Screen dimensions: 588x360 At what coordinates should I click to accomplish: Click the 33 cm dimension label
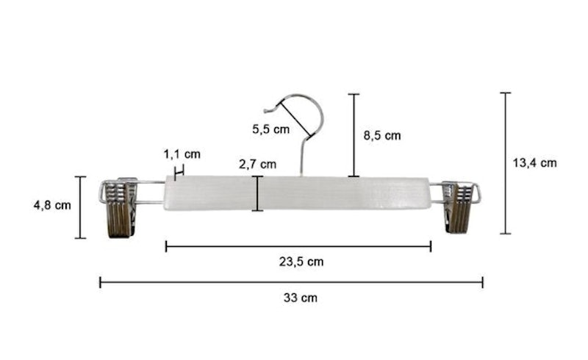301,298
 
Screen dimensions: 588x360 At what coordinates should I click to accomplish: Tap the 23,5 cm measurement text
301,262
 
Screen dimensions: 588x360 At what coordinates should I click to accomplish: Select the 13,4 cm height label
535,163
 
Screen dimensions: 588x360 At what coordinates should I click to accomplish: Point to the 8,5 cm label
382,135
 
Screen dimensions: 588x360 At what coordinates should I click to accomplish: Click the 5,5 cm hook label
270,129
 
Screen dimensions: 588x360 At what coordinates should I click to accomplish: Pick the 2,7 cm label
258,165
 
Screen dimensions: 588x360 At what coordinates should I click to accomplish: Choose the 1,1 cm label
182,154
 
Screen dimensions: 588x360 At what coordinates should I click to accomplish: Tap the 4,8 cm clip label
52,205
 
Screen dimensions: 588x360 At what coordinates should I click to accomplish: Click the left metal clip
119,207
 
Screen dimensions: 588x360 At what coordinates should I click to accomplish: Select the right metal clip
459,207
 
